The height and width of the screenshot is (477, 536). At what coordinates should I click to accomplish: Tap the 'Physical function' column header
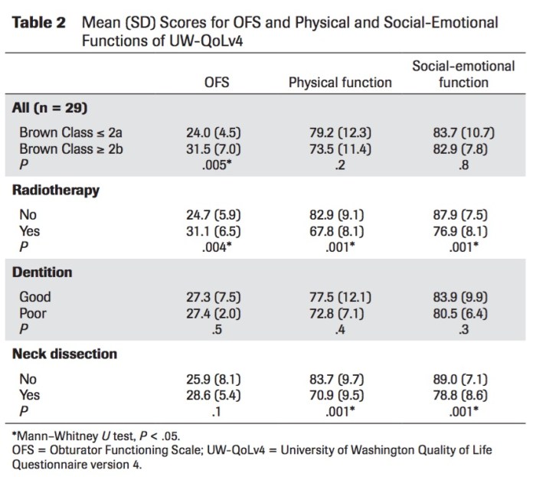click(339, 82)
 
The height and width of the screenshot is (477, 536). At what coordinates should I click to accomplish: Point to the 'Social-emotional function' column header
click(463, 74)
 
